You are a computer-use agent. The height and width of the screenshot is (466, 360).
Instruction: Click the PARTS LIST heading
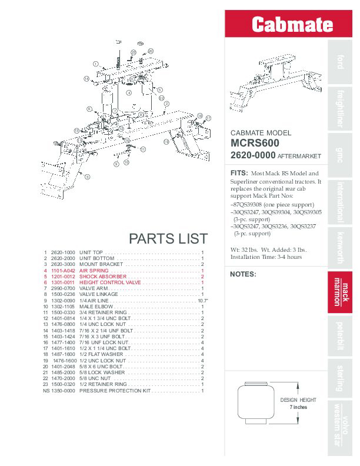coord(168,238)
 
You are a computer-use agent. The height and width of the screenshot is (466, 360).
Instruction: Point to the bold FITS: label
coord(238,173)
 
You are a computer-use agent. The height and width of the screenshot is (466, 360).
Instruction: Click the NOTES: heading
coord(243,274)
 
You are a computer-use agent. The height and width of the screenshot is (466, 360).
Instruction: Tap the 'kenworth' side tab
coord(339,248)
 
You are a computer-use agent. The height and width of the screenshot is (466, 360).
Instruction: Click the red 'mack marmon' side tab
coord(339,292)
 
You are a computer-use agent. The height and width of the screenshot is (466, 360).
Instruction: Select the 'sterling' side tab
coord(339,378)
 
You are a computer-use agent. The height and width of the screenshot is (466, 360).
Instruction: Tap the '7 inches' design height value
coord(298,407)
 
